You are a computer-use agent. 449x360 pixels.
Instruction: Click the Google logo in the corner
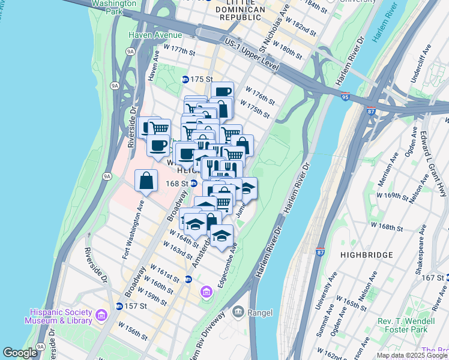20,353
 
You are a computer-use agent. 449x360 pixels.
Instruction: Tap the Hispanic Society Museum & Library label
58,316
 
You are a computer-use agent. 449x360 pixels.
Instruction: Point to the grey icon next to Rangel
238,311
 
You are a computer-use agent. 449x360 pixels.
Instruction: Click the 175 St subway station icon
185,79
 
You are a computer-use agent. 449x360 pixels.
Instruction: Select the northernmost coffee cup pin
222,92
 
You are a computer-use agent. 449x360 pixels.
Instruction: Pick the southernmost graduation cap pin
221,235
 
